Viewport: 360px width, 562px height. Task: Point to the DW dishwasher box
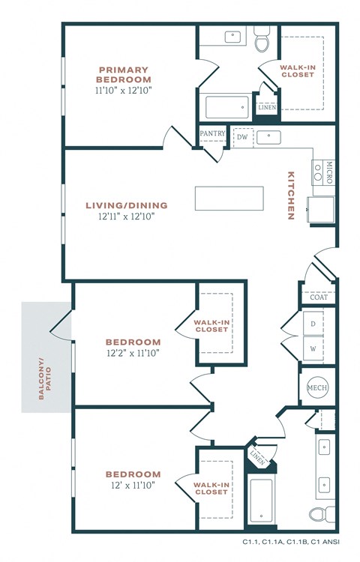(242, 138)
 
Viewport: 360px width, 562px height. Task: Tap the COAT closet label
(318, 297)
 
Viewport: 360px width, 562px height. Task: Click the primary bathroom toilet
(262, 42)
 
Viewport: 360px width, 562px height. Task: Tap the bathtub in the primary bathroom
(227, 107)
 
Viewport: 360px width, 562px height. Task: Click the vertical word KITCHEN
(290, 196)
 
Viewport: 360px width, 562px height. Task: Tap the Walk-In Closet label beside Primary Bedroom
(297, 70)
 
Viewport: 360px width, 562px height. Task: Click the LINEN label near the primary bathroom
(267, 107)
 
